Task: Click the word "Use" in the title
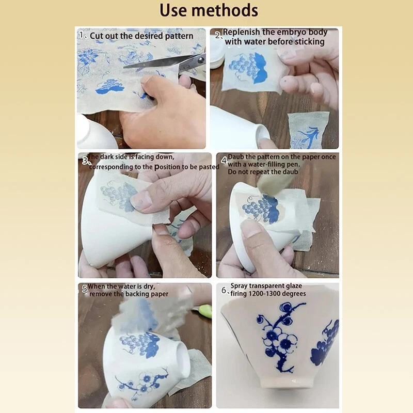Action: (173, 10)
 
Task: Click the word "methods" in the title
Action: (225, 10)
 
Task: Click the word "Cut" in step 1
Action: (96, 36)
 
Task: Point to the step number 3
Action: (85, 161)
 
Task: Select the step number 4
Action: (224, 160)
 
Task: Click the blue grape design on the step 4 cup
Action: (260, 208)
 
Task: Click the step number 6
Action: (224, 290)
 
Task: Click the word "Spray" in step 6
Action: (239, 286)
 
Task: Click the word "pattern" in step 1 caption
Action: (179, 36)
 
